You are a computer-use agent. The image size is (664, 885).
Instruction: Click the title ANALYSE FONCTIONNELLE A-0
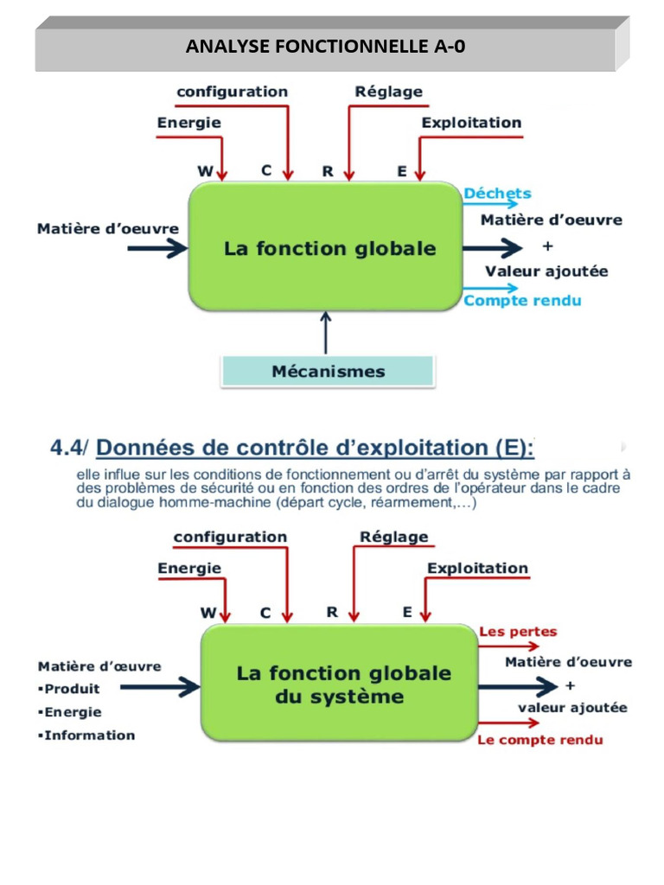[x=325, y=47]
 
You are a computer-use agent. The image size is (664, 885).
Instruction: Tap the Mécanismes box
[x=329, y=372]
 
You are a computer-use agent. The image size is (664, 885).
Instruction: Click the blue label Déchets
[x=497, y=194]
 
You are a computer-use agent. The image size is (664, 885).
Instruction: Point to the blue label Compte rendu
[x=522, y=301]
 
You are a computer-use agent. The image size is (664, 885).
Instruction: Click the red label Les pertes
[x=517, y=632]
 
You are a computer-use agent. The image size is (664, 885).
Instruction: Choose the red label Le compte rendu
[x=539, y=740]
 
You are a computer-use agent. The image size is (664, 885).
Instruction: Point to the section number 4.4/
[x=70, y=448]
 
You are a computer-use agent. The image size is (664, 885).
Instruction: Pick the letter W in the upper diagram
[x=204, y=171]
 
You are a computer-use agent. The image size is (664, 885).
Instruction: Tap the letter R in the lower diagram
[x=332, y=612]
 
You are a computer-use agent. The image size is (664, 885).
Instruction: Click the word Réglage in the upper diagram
[x=388, y=92]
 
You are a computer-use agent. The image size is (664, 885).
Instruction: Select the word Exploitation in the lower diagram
[x=477, y=568]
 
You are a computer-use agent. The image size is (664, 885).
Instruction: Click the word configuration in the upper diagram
[x=232, y=92]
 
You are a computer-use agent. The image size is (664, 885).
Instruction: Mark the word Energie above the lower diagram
[x=188, y=568]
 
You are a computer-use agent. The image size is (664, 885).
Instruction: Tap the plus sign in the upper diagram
[x=546, y=245]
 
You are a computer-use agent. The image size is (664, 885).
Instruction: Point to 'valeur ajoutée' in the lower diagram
[x=572, y=707]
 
